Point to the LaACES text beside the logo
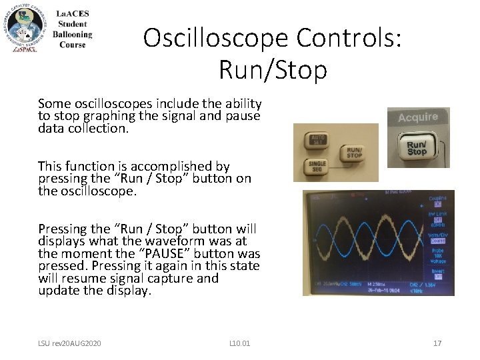click(x=72, y=14)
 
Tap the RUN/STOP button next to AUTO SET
click(x=355, y=153)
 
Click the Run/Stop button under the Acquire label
click(x=417, y=148)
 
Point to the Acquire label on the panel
click(x=418, y=117)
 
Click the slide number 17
click(x=437, y=343)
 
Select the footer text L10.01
click(x=239, y=343)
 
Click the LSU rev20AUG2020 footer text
click(x=69, y=343)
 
